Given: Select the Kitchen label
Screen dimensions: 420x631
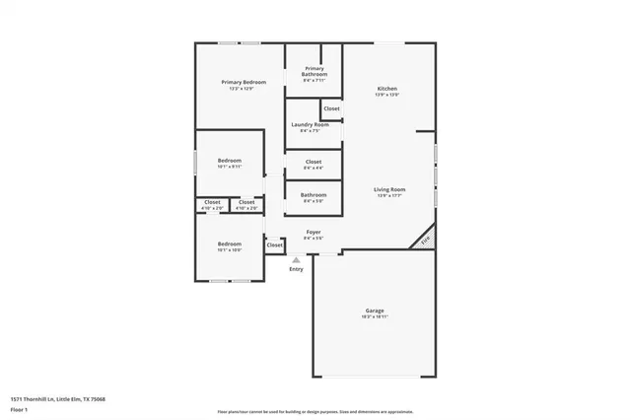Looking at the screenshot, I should tap(387, 89).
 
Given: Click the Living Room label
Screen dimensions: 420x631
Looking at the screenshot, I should tap(388, 188).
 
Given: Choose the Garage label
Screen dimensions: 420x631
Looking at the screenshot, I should tap(375, 311).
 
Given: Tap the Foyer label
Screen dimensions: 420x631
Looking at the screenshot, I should tap(313, 233).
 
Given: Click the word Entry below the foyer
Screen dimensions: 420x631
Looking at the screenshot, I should tap(296, 269).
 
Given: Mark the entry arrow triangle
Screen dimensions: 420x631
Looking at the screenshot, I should tap(296, 259).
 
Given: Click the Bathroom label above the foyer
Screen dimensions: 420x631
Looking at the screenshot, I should tap(314, 194).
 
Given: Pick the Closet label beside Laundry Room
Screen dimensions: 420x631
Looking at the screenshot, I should tap(331, 108).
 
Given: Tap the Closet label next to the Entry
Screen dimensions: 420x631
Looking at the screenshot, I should tap(275, 245).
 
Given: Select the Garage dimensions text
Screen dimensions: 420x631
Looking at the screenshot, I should tap(375, 317).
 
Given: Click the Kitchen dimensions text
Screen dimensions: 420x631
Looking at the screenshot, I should tap(387, 96).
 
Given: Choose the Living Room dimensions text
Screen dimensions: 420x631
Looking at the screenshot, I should tap(388, 195).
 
